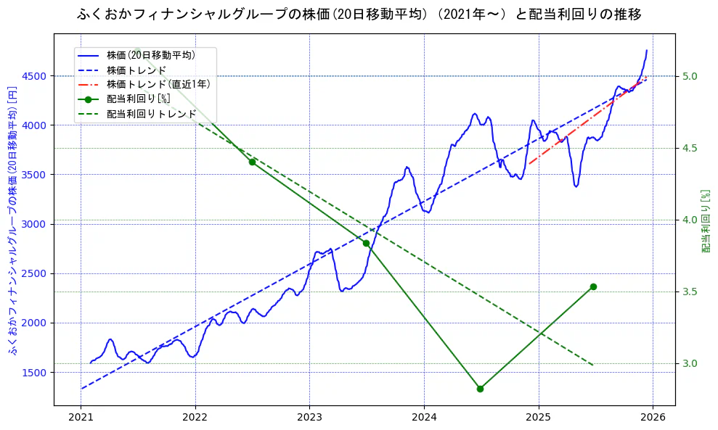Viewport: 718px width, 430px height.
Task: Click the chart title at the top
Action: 359,15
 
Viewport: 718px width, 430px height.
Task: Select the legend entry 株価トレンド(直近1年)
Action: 158,84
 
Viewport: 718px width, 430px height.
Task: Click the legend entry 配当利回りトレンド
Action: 151,114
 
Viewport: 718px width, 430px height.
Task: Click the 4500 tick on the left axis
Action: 35,76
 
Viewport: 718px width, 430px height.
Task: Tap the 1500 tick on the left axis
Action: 35,373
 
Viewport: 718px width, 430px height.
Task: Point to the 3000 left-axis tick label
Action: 35,224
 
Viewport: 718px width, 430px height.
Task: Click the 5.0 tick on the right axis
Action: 690,76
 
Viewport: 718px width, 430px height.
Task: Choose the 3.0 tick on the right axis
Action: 690,363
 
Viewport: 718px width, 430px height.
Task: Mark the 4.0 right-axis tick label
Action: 690,220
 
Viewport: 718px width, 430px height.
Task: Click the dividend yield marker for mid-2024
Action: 480,389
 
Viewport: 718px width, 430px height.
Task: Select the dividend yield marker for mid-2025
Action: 593,286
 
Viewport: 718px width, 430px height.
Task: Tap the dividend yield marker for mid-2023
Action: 366,243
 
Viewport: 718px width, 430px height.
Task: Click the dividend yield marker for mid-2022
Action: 252,162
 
